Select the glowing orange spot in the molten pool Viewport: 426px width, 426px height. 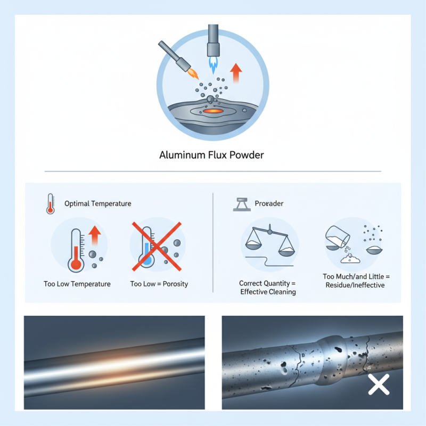click(212, 111)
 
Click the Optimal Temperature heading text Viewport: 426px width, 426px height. click(97, 203)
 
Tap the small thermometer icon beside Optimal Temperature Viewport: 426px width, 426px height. click(50, 204)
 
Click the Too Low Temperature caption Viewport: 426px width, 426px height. click(77, 284)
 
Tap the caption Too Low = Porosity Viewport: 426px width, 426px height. click(159, 284)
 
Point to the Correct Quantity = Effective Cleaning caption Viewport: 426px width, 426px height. click(268, 288)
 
